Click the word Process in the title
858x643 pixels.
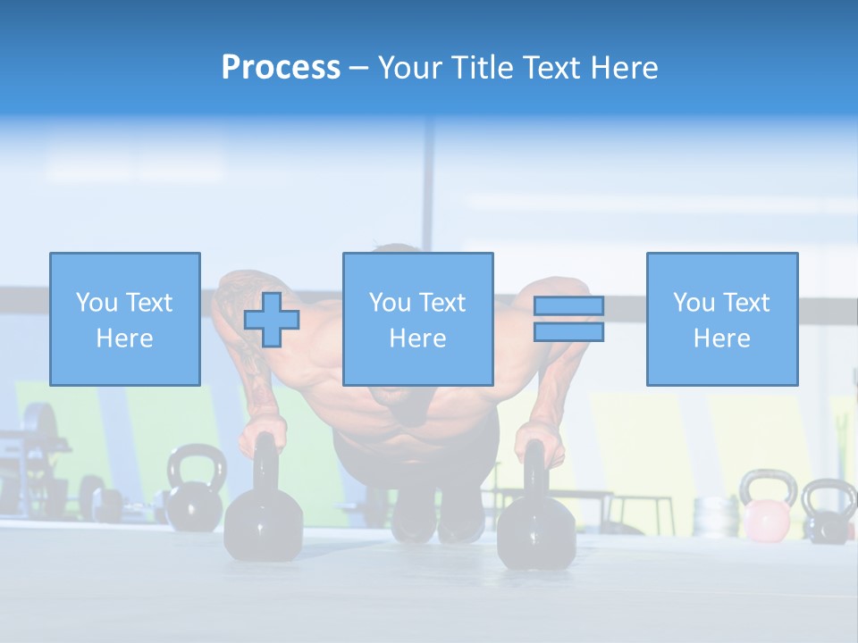tap(281, 68)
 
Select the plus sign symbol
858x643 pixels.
tap(272, 320)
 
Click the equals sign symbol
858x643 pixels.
tap(568, 319)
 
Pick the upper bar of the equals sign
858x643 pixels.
tap(568, 306)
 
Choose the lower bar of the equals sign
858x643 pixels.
tap(568, 331)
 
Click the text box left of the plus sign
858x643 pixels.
tap(124, 319)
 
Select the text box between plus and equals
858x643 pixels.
tap(417, 319)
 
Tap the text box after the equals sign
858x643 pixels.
tap(721, 319)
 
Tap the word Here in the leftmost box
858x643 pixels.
tap(124, 338)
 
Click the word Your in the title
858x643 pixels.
tap(412, 68)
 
